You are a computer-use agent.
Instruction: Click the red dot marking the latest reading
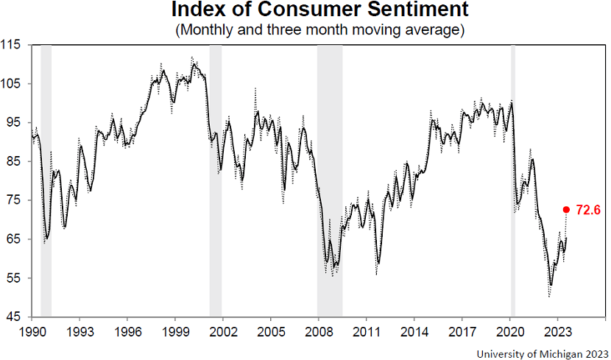(566, 209)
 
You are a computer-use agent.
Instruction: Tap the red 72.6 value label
(589, 210)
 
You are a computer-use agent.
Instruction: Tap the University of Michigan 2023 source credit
(541, 353)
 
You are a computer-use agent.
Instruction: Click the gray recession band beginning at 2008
(330, 180)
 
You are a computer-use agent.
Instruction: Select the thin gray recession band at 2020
(513, 180)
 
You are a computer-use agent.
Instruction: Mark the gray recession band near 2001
(216, 180)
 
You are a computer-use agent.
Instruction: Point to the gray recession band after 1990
(46, 180)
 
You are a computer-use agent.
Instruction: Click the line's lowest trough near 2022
(550, 286)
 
